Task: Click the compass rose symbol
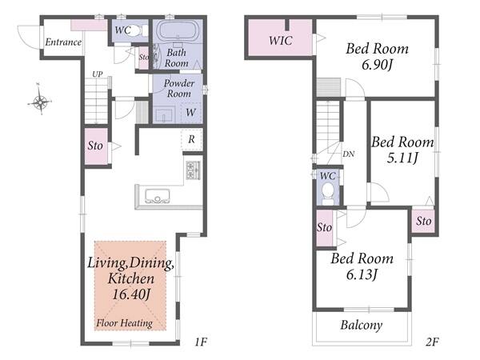(40, 100)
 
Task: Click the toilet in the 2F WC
(328, 194)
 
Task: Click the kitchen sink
(158, 196)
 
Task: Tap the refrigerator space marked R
(191, 139)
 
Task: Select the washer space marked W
(190, 112)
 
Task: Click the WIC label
(281, 41)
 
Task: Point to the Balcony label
(362, 325)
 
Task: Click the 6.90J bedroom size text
(377, 65)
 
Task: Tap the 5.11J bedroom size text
(402, 158)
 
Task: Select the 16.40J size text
(131, 294)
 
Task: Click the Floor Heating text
(124, 323)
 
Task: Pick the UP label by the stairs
(98, 74)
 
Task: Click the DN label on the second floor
(348, 154)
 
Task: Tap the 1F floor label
(201, 342)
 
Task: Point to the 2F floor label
(432, 342)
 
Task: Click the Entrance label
(63, 42)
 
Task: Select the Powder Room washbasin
(165, 114)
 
